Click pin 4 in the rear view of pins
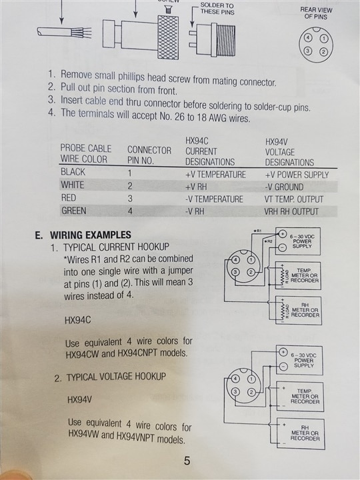click(x=308, y=39)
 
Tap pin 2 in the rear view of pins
click(x=323, y=51)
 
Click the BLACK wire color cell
click(x=73, y=172)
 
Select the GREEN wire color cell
click(x=74, y=211)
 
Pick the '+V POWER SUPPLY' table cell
click(x=297, y=175)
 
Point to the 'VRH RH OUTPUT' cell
click(x=291, y=211)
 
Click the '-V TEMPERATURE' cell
click(x=214, y=199)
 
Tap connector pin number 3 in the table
click(x=130, y=199)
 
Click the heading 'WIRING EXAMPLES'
click(x=91, y=235)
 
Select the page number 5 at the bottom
click(x=187, y=461)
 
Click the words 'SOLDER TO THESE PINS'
click(x=217, y=9)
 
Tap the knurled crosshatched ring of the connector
click(x=168, y=37)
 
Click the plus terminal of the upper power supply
click(x=282, y=234)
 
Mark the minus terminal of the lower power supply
click(x=284, y=366)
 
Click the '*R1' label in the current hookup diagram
click(x=257, y=231)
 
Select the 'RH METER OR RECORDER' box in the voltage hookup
click(x=301, y=433)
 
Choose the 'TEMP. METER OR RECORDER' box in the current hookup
click(x=298, y=275)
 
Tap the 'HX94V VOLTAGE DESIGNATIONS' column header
click(x=289, y=152)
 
